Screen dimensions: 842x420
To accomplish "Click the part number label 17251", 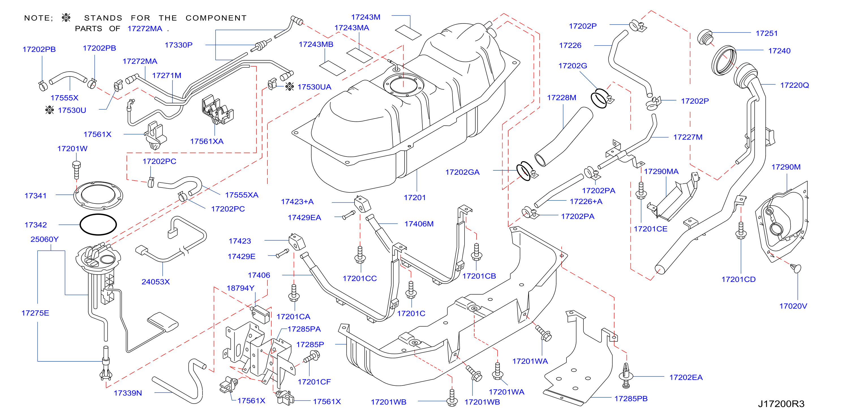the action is (766, 33).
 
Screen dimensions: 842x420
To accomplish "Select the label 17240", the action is (779, 51).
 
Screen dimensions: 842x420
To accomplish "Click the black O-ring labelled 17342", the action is (98, 224).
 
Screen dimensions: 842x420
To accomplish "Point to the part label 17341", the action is (36, 196).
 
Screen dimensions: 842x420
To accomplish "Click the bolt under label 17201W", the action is (76, 170).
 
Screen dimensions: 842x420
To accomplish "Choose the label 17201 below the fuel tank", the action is (415, 198).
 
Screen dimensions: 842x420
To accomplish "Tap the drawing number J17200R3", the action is (781, 404).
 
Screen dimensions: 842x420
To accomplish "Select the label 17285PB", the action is (631, 399).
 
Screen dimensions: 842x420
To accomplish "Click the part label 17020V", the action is (793, 306).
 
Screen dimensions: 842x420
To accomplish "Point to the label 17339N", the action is (128, 393).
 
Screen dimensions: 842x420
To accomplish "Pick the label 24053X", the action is (156, 282).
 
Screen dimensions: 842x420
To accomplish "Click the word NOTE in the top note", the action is (37, 18).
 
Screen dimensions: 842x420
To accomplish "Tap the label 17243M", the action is (366, 17).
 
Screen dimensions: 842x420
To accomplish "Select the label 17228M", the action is (562, 98).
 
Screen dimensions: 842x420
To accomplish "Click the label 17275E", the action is (35, 313).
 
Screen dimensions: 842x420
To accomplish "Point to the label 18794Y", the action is (240, 288).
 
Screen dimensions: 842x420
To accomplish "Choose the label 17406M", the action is (419, 224).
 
